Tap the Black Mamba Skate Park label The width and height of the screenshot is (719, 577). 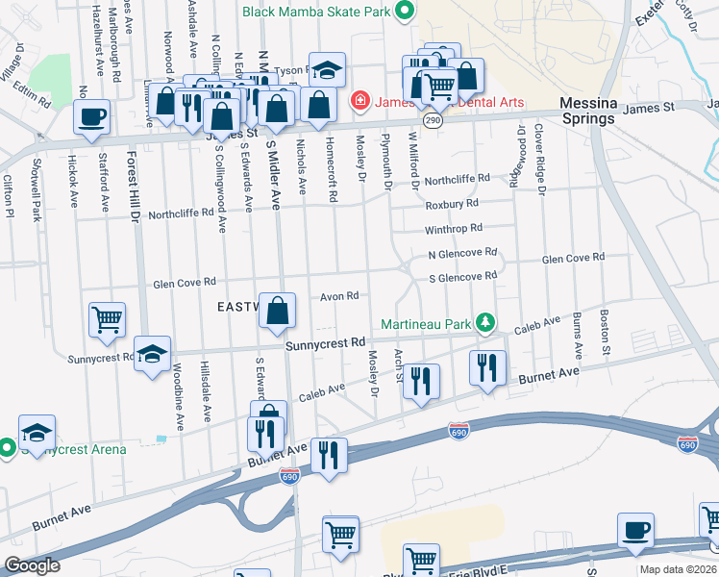point(317,12)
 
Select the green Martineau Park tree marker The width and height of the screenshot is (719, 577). point(486,322)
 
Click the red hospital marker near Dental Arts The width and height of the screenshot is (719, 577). point(359,99)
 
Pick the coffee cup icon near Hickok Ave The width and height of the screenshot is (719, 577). point(92,117)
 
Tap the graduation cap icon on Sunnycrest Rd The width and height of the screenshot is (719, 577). point(152,354)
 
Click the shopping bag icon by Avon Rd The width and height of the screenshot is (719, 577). point(277,311)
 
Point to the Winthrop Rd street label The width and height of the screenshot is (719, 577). point(453,230)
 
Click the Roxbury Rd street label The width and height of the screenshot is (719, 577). point(452,204)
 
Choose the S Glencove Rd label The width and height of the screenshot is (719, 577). point(462,276)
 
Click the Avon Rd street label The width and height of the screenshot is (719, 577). point(339,296)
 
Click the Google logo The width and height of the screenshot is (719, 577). point(32,565)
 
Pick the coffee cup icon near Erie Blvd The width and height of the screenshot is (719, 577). point(635,530)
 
